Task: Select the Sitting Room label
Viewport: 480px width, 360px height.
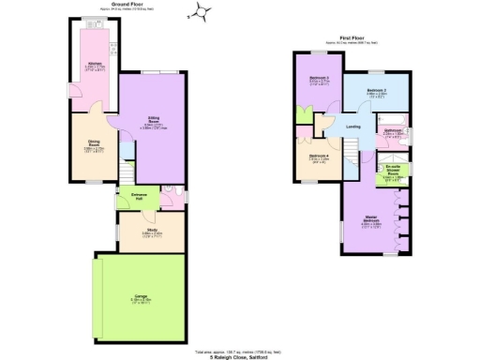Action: click(153, 121)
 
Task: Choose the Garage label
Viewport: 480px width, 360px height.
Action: click(141, 299)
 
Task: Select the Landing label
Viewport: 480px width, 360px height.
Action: click(352, 127)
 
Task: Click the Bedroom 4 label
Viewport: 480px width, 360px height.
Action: click(319, 157)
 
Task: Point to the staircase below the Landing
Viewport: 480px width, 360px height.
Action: click(352, 154)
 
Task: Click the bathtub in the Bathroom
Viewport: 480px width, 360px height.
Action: click(393, 138)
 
